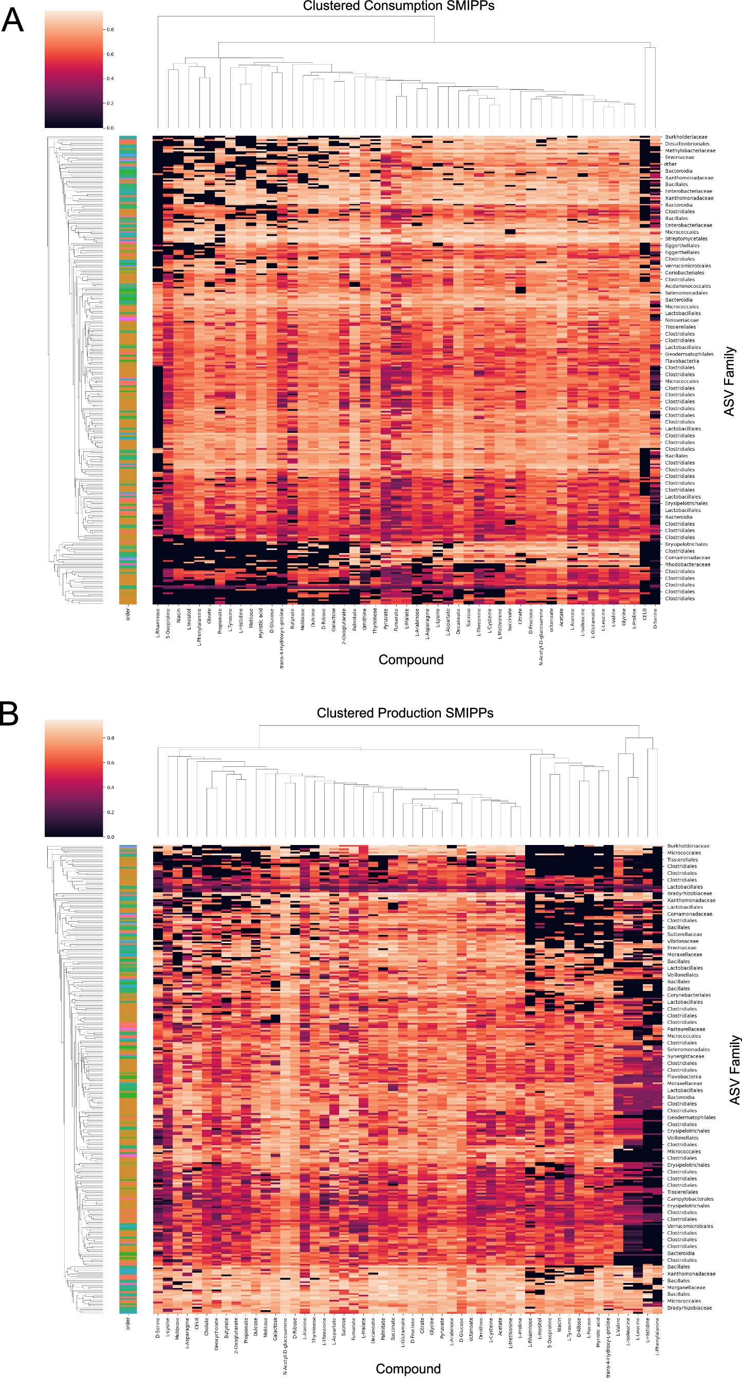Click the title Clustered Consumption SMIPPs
[399, 6]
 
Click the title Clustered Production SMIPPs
[405, 713]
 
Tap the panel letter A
[13, 22]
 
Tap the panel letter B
[10, 714]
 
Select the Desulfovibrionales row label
[687, 144]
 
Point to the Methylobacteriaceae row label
[690, 151]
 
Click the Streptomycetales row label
[686, 238]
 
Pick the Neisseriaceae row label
[681, 320]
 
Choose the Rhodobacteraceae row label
[688, 564]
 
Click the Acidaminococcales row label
[688, 286]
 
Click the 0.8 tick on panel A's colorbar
[109, 29]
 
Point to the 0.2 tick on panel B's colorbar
[109, 812]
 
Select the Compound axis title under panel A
[411, 659]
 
